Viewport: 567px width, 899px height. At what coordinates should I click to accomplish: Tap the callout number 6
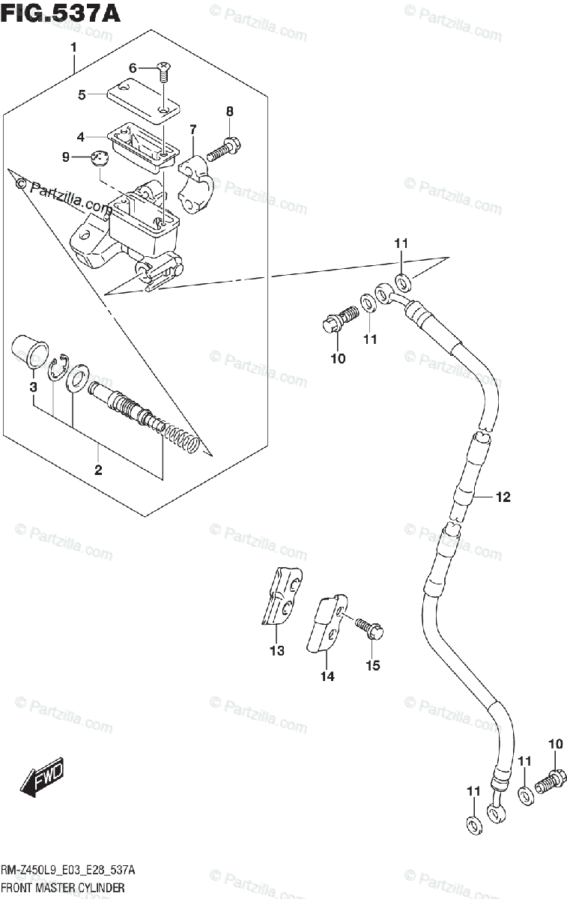(133, 68)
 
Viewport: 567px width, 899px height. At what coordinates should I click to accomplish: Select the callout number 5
(82, 94)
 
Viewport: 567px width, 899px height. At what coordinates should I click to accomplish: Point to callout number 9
(65, 157)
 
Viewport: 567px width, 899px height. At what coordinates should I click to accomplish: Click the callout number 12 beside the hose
(502, 497)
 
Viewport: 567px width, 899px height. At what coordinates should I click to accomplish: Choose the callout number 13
(277, 650)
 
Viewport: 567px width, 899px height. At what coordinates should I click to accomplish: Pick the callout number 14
(327, 676)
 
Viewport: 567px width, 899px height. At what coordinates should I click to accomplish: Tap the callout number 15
(372, 665)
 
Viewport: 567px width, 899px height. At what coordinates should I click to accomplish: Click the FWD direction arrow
(42, 778)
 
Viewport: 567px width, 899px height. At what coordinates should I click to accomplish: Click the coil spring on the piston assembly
(182, 438)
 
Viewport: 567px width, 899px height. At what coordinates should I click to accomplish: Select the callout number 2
(98, 470)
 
